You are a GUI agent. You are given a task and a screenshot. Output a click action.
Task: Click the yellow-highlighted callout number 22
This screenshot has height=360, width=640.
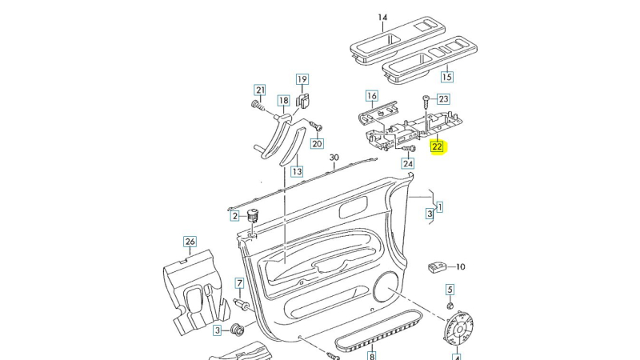coord(437,147)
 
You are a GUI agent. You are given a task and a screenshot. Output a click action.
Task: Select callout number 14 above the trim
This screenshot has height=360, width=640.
coord(382,18)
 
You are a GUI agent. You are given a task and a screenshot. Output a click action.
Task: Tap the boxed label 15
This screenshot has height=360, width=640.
coord(446,78)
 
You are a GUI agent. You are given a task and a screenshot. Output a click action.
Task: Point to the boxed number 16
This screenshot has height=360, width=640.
coord(371,96)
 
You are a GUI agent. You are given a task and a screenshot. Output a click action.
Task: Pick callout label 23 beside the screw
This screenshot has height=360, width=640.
coord(443,99)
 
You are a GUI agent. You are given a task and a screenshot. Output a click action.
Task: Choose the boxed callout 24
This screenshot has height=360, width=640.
coord(408,163)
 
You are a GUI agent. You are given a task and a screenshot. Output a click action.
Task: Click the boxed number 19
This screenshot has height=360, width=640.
coord(302,79)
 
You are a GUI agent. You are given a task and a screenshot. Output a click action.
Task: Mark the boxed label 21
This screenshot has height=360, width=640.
coord(259,90)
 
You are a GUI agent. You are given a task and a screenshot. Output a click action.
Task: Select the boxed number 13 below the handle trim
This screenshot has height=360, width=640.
coord(297,171)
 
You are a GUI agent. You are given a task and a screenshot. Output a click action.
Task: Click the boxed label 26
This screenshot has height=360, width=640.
coord(190,242)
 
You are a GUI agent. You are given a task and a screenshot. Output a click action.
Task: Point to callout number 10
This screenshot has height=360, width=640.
coord(461,266)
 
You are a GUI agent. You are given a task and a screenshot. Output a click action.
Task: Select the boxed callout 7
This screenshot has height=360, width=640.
coord(238,283)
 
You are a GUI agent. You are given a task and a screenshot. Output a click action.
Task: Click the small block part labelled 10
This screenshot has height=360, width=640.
coord(437,266)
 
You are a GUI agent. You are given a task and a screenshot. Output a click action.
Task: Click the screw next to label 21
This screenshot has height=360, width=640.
coord(258,106)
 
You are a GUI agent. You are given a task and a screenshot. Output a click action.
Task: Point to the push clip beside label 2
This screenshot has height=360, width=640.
coord(254,214)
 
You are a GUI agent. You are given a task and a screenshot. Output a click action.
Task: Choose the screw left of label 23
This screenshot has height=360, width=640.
coord(425,101)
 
